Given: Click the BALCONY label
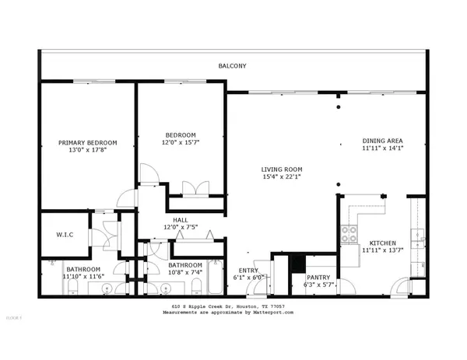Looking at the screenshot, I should click(233, 66).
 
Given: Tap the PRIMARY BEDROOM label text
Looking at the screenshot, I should click(88, 142).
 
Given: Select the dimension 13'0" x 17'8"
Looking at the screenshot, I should click(88, 151).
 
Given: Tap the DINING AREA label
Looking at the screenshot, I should click(382, 142).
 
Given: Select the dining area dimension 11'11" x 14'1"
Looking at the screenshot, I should click(382, 150).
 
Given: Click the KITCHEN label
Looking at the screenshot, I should click(382, 243).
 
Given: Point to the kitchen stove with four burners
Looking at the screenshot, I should click(348, 234).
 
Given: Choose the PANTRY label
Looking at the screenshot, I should click(317, 278).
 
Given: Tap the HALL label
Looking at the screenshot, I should click(180, 220).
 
